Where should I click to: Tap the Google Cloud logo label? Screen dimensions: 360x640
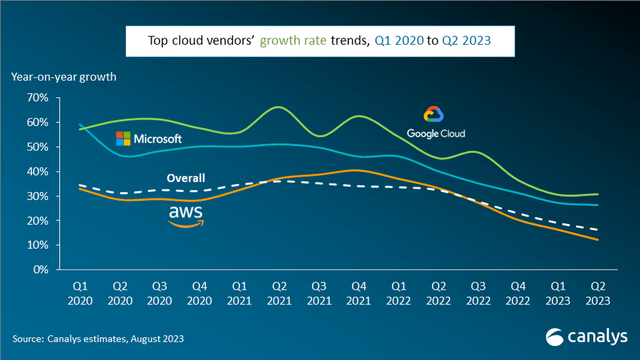pyautogui.click(x=436, y=123)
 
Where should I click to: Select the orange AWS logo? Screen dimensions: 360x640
pyautogui.click(x=186, y=216)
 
